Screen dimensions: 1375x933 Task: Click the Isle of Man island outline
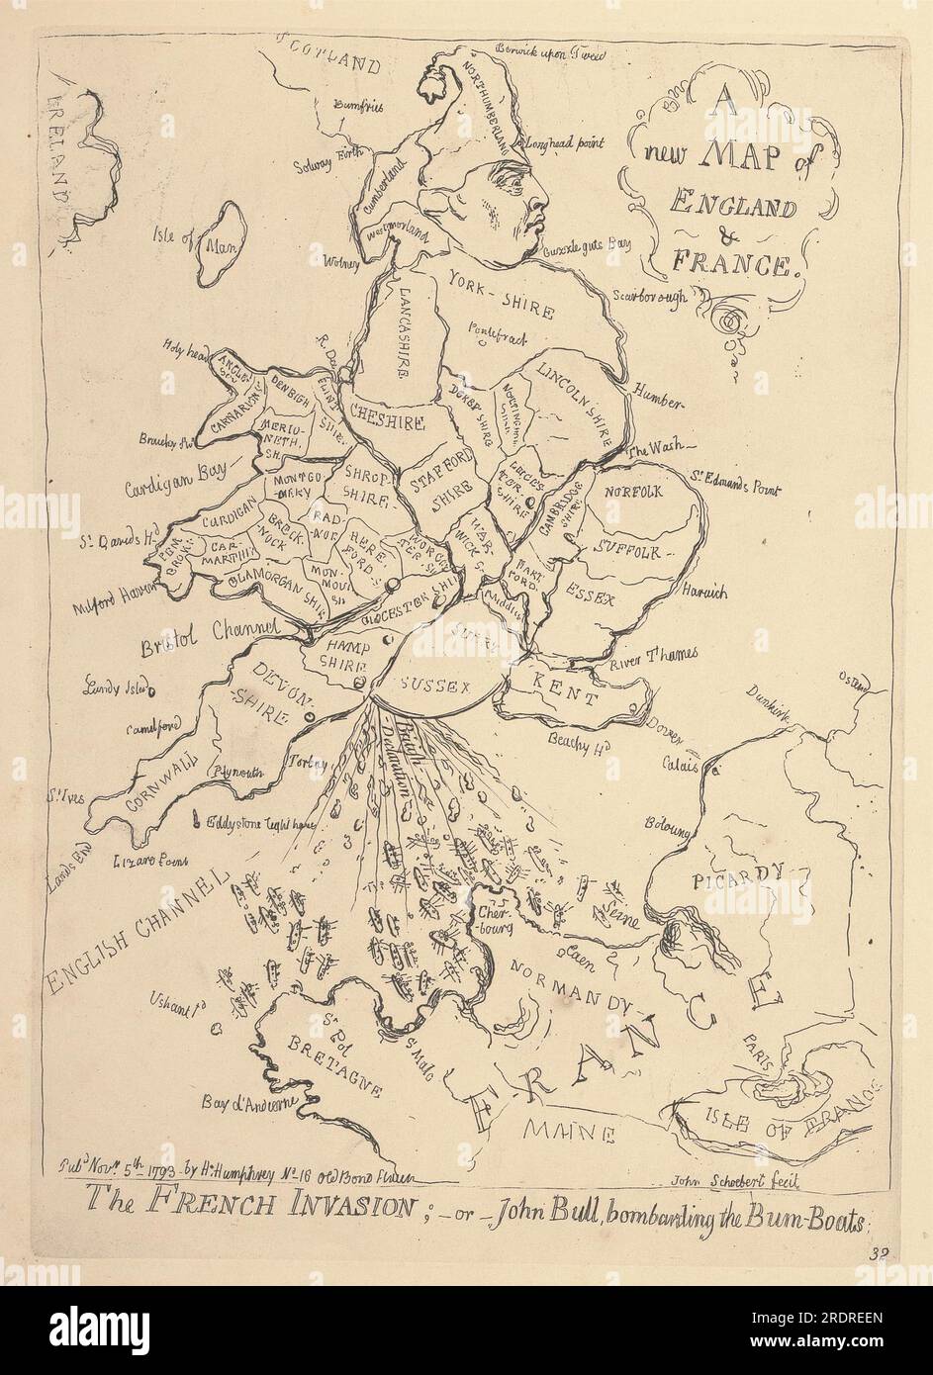pyautogui.click(x=223, y=244)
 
